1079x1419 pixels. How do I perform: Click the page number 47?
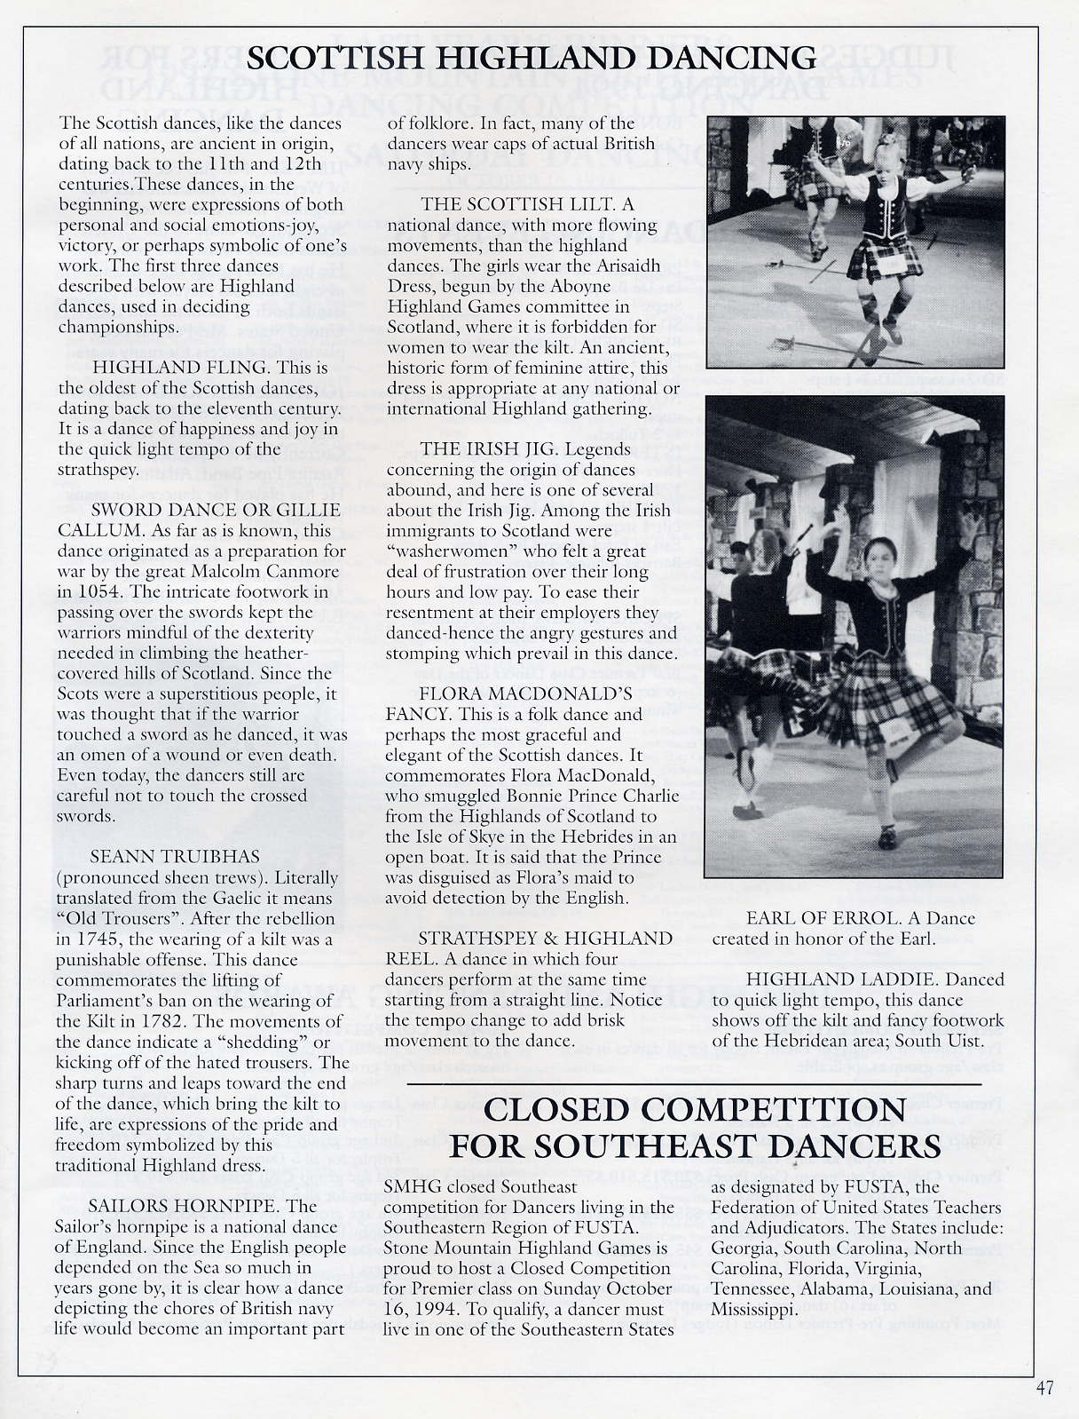1044,1388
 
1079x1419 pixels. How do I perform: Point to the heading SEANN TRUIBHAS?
175,857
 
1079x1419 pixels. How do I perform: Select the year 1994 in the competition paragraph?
429,1309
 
